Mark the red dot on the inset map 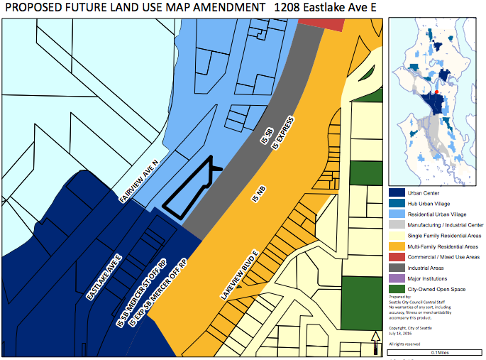click(437, 92)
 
